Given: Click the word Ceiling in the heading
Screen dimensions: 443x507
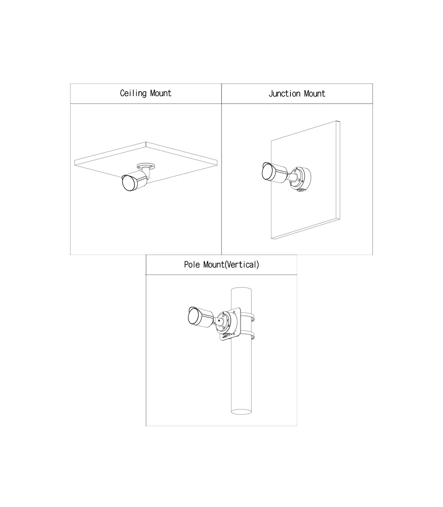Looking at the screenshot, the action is click(133, 93).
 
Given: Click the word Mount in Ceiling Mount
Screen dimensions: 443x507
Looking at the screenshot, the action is click(161, 93).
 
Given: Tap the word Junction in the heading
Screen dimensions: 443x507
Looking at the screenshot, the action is click(284, 94).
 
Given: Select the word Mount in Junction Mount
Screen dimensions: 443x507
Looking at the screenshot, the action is click(315, 93).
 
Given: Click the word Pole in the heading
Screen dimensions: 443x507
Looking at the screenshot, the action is click(192, 265).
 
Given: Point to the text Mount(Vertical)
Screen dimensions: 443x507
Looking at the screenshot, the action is click(231, 265).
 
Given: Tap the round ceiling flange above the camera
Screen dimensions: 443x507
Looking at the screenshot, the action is click(146, 166).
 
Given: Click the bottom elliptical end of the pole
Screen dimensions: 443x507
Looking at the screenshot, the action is click(241, 412).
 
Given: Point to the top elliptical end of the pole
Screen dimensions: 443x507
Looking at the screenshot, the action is click(241, 289).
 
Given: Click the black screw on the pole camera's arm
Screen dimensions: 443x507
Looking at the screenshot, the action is click(219, 321).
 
